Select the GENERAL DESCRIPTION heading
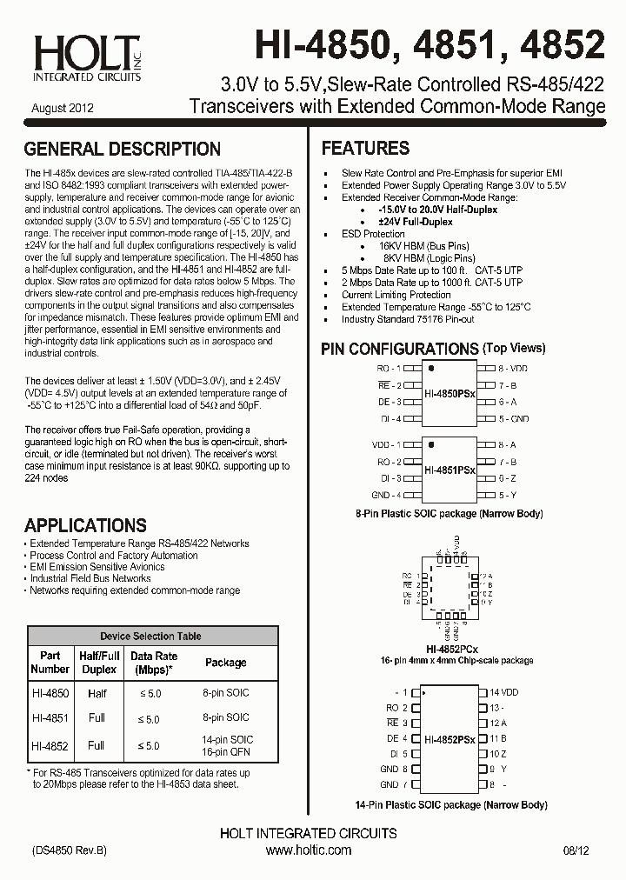(123, 150)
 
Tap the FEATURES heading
(365, 149)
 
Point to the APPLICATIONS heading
(85, 525)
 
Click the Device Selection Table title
(150, 637)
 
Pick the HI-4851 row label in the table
(50, 718)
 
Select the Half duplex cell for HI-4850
(97, 693)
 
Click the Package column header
(225, 663)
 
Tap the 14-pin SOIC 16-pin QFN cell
(226, 745)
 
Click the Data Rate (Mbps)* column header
(153, 663)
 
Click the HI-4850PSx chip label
(450, 394)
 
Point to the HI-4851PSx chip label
(450, 470)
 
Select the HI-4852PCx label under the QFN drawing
(451, 649)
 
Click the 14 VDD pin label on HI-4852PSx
(503, 692)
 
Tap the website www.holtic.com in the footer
(308, 850)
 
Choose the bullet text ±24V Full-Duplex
(416, 222)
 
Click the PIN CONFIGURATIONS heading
(400, 349)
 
